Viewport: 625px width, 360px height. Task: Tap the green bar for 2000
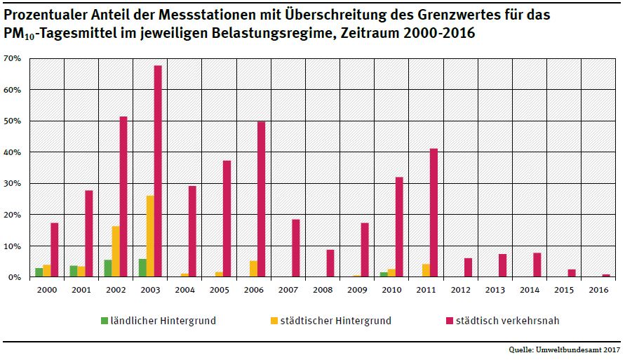pos(39,272)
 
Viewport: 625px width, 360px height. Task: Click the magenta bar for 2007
pos(295,248)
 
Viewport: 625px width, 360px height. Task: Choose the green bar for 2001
pos(73,271)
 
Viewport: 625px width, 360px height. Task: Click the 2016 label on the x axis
pos(598,288)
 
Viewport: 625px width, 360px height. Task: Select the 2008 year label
pos(322,288)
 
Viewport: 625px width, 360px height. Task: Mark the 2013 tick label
pos(495,288)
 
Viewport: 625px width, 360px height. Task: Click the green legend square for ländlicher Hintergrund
pos(104,321)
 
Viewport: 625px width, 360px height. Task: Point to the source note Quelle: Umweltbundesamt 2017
pos(564,349)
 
